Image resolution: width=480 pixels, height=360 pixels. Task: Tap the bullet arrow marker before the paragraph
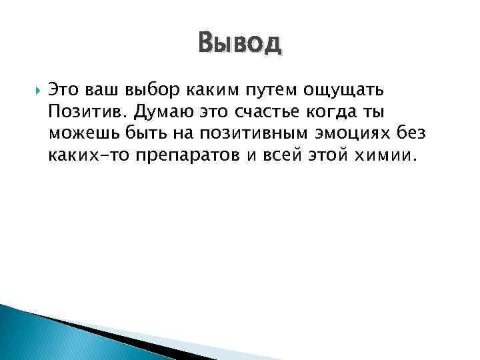click(36, 89)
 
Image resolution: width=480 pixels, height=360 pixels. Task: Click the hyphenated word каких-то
click(87, 156)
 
